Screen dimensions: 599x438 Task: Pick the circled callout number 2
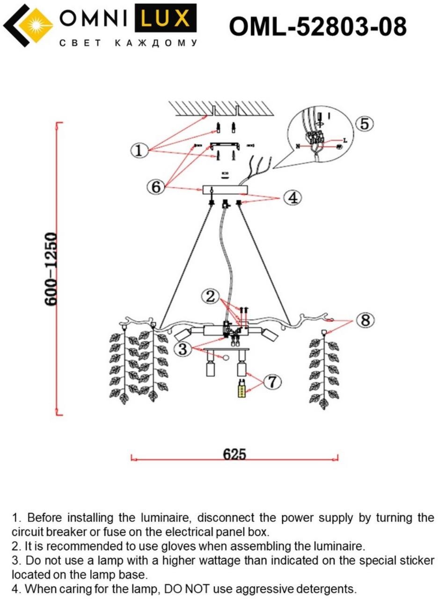click(x=211, y=296)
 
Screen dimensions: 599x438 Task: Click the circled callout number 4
click(x=292, y=198)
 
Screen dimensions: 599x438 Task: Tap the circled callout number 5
click(x=365, y=124)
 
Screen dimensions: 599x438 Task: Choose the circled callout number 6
click(x=156, y=187)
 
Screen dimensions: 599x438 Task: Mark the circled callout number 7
click(x=272, y=382)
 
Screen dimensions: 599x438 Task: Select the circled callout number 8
click(x=365, y=321)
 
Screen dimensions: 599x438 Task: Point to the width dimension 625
click(x=234, y=453)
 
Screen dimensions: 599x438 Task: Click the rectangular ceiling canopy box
click(x=225, y=190)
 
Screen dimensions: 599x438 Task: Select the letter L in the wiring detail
click(x=345, y=140)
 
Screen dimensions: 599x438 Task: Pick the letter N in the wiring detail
click(x=298, y=146)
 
